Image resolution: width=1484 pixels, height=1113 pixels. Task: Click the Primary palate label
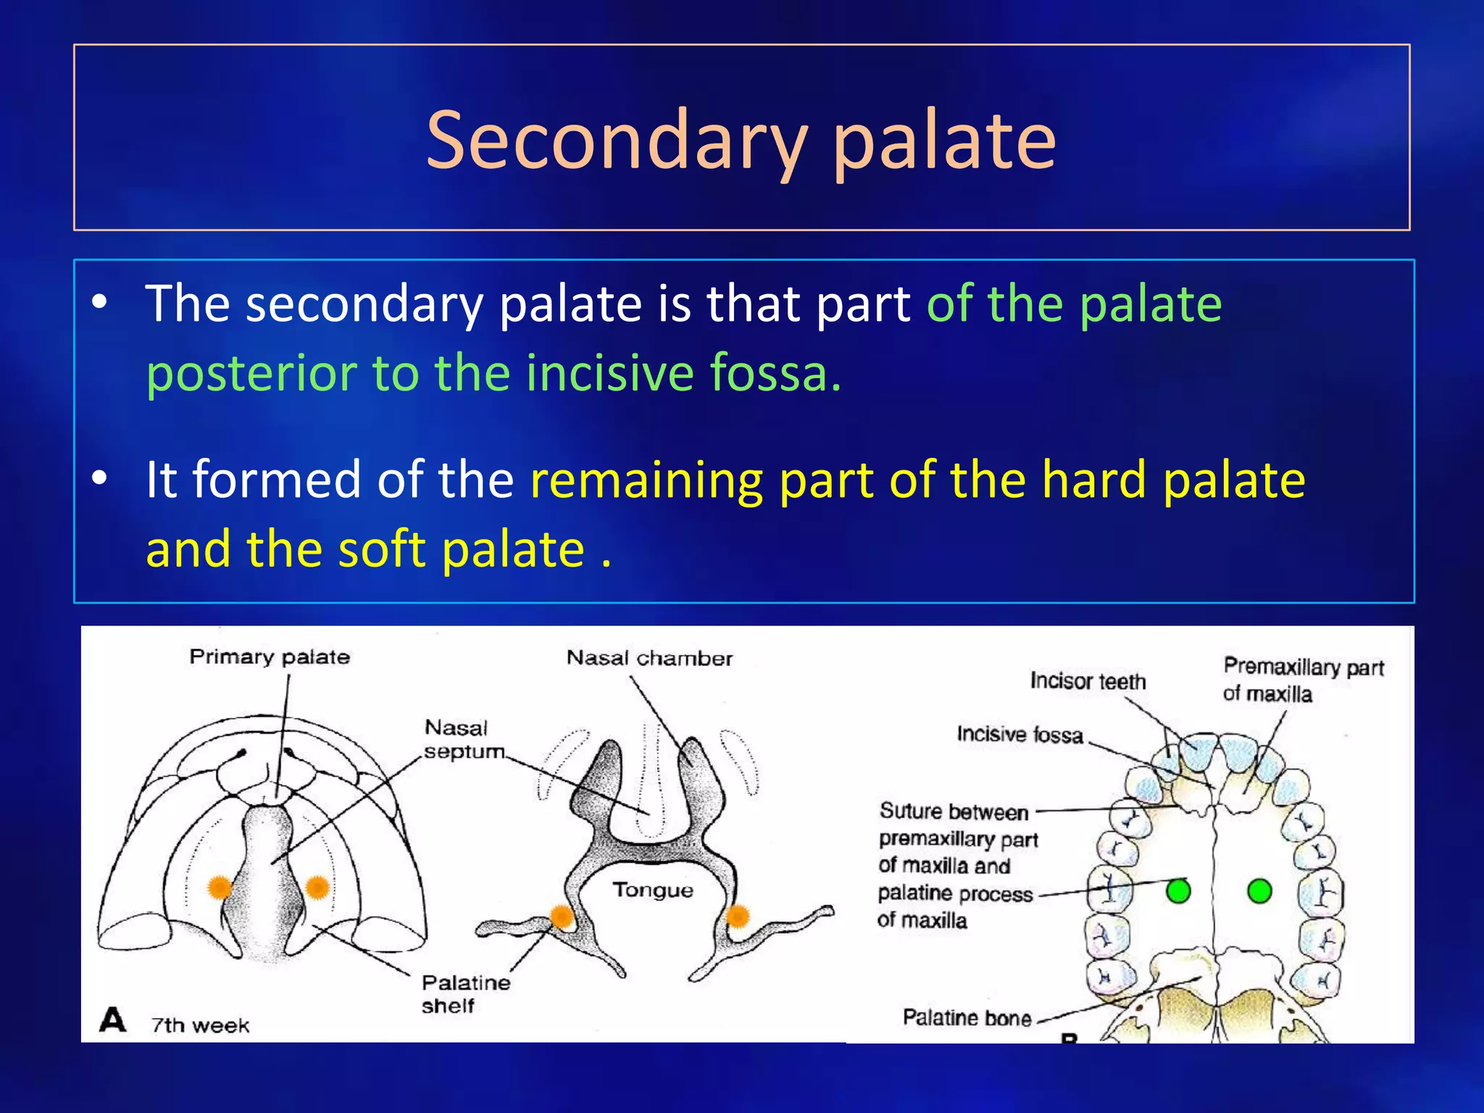pyautogui.click(x=270, y=656)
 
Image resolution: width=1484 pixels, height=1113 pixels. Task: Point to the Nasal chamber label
pyautogui.click(x=649, y=658)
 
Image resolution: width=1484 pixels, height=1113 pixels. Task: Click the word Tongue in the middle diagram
pyautogui.click(x=653, y=890)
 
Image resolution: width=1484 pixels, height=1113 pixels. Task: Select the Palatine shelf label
pyautogui.click(x=465, y=993)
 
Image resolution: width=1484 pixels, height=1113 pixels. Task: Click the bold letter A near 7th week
pyautogui.click(x=113, y=1020)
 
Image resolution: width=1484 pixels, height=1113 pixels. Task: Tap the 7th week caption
pyautogui.click(x=200, y=1025)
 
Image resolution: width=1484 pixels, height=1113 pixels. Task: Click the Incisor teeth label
pyautogui.click(x=1088, y=681)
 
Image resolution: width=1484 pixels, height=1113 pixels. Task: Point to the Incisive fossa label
pyautogui.click(x=1020, y=735)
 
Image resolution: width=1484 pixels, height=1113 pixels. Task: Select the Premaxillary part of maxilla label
pyautogui.click(x=1303, y=680)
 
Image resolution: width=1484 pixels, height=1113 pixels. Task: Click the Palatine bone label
pyautogui.click(x=967, y=1018)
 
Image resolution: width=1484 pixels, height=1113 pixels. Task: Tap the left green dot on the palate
pyautogui.click(x=1179, y=891)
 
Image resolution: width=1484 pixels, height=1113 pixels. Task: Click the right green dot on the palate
pyautogui.click(x=1259, y=891)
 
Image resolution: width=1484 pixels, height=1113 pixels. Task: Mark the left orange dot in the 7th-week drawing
pyautogui.click(x=220, y=887)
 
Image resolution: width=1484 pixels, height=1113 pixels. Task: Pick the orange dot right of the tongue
pyautogui.click(x=737, y=917)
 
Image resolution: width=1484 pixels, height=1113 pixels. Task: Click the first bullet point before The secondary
pyautogui.click(x=100, y=302)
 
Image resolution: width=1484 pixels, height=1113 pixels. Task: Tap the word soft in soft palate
pyautogui.click(x=382, y=549)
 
